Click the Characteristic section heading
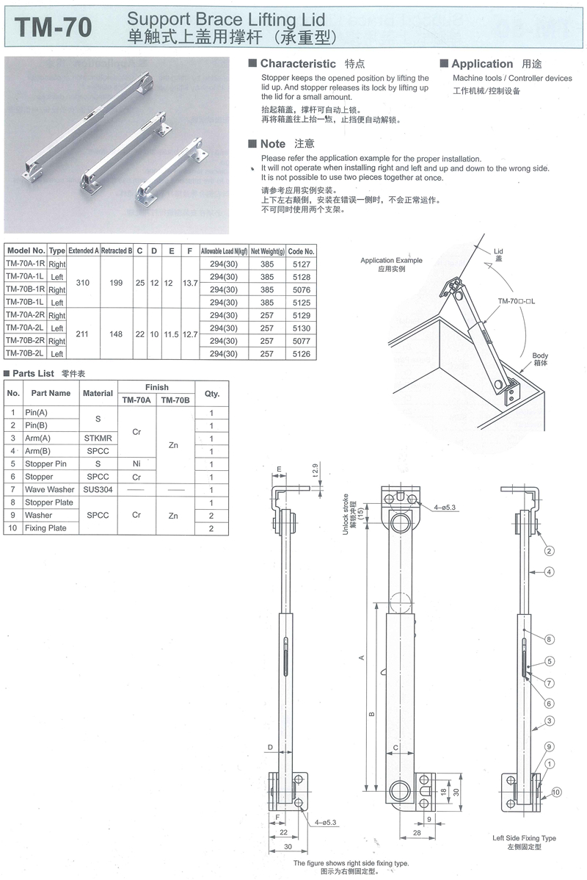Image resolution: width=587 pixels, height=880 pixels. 298,64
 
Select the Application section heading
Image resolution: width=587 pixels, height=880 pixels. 482,64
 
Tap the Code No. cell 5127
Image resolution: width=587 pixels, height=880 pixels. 301,264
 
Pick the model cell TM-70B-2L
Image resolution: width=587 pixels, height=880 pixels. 25,354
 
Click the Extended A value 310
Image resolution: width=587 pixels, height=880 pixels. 83,282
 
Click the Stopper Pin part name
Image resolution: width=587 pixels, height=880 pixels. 45,464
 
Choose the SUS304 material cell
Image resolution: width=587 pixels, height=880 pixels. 98,489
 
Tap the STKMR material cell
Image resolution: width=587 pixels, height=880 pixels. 98,439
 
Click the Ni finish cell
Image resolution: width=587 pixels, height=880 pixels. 136,464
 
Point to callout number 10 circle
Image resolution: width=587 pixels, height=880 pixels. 556,792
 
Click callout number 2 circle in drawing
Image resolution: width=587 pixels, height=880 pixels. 548,550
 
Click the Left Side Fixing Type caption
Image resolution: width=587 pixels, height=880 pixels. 524,837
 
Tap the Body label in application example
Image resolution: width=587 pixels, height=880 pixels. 540,359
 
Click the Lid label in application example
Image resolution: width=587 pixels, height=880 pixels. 499,254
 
